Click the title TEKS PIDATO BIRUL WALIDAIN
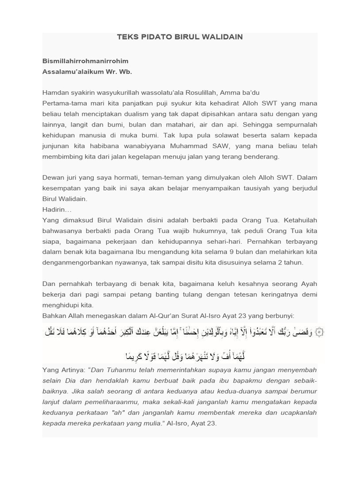coord(180,37)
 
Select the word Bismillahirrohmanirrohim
coord(85,61)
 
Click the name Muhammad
coord(202,146)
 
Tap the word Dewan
coord(53,178)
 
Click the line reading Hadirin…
coord(57,210)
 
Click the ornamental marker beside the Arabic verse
coord(319,332)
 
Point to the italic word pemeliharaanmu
coord(122,402)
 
